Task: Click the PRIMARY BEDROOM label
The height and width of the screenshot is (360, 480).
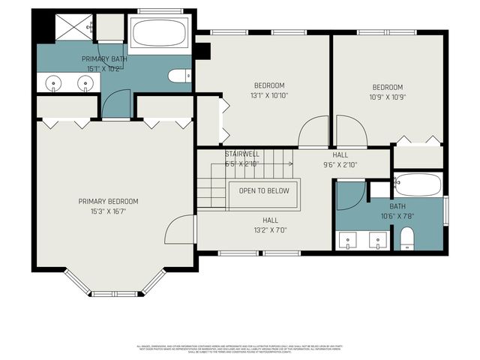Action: point(109,201)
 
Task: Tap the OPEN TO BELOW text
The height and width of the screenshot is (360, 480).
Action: point(264,190)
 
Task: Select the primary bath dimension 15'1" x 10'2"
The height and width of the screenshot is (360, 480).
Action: point(103,68)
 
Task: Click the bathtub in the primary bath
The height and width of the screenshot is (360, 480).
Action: point(161,33)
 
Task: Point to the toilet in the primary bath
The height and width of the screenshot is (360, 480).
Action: point(179,76)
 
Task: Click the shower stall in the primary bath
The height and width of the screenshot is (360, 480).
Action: point(65,29)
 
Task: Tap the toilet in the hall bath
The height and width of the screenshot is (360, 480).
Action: point(406,239)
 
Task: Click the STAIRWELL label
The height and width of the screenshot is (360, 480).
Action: point(242,154)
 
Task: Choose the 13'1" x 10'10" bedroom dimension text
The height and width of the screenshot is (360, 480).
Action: point(268,95)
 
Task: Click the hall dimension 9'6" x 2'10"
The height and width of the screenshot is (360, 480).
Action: point(340,164)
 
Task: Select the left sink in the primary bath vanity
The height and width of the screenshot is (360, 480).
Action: point(53,82)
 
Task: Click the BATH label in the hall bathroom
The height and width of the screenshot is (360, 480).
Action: point(397,206)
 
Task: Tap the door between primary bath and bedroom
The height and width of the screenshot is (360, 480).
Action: point(116,105)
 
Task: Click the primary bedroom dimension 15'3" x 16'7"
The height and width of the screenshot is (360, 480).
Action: point(109,211)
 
